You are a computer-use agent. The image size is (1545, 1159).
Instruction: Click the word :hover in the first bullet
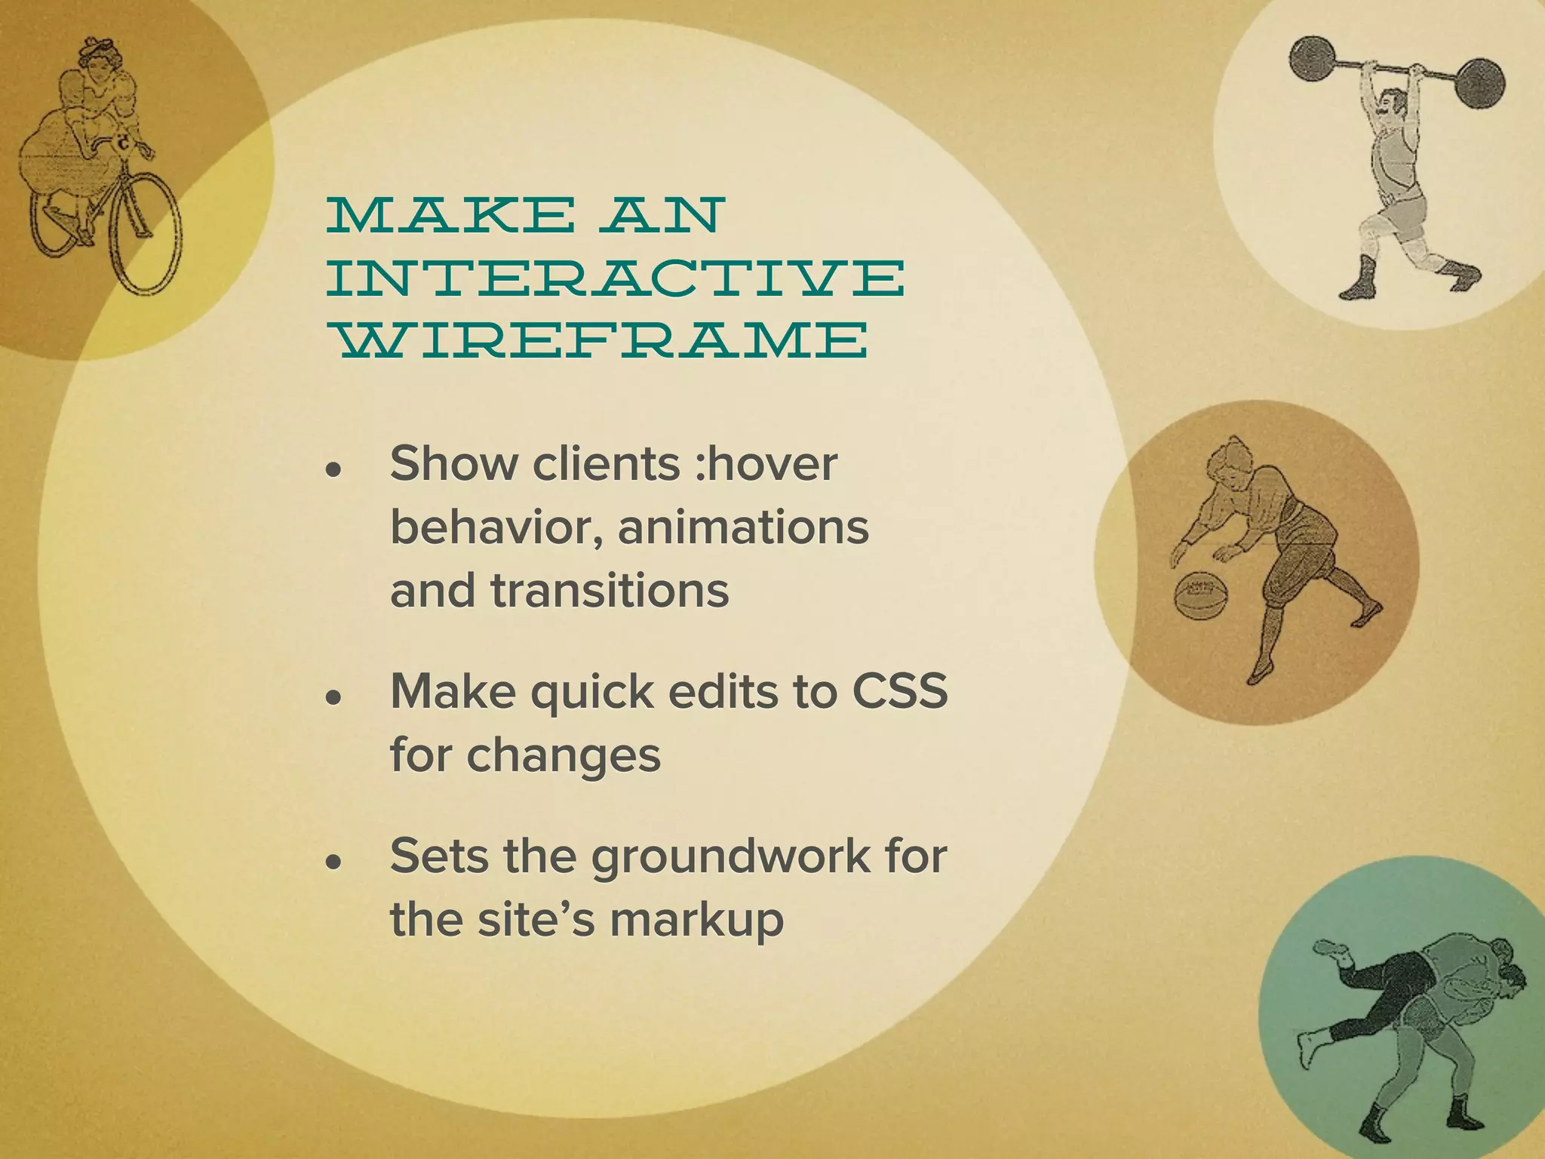(x=766, y=463)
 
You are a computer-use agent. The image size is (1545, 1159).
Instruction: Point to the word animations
(x=743, y=527)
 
